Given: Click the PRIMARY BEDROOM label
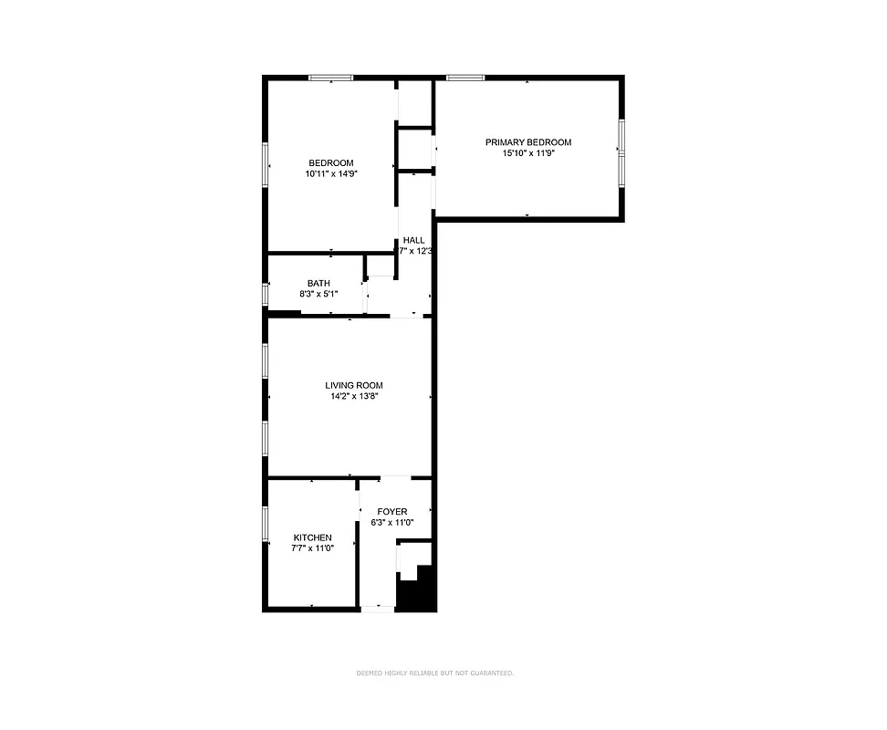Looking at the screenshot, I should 527,142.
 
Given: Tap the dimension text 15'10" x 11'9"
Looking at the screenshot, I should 527,154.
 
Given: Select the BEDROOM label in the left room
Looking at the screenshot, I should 330,163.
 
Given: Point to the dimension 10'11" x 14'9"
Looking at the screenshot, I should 330,174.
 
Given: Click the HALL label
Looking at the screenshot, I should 414,240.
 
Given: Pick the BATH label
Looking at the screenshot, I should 318,283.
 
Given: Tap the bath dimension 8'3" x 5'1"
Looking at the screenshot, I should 318,294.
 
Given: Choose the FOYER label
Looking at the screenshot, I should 392,512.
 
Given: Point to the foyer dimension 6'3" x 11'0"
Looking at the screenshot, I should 392,523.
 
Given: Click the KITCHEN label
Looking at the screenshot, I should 312,537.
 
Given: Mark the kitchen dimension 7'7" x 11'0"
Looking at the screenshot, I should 312,548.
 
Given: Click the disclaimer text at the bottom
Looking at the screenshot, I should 435,673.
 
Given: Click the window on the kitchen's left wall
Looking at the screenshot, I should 266,534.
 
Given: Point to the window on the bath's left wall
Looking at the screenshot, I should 266,295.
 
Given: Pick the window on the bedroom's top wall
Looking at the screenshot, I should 330,78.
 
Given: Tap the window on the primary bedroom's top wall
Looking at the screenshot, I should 464,78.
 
